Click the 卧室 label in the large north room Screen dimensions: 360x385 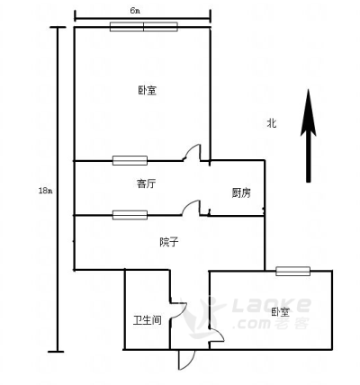(148, 90)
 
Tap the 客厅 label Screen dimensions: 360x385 (146, 184)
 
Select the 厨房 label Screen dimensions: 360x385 (241, 192)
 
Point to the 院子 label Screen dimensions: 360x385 (169, 242)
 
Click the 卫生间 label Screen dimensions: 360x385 (148, 320)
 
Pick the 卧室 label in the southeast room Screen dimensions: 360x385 (281, 312)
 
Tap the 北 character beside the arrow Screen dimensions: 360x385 (272, 123)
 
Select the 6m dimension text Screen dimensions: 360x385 (135, 11)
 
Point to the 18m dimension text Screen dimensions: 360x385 (45, 191)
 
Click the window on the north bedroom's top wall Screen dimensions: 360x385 (144, 27)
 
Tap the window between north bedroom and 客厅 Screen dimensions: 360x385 (130, 160)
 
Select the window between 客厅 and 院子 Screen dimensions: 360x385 (130, 215)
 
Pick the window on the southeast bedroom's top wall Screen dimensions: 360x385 (292, 271)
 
